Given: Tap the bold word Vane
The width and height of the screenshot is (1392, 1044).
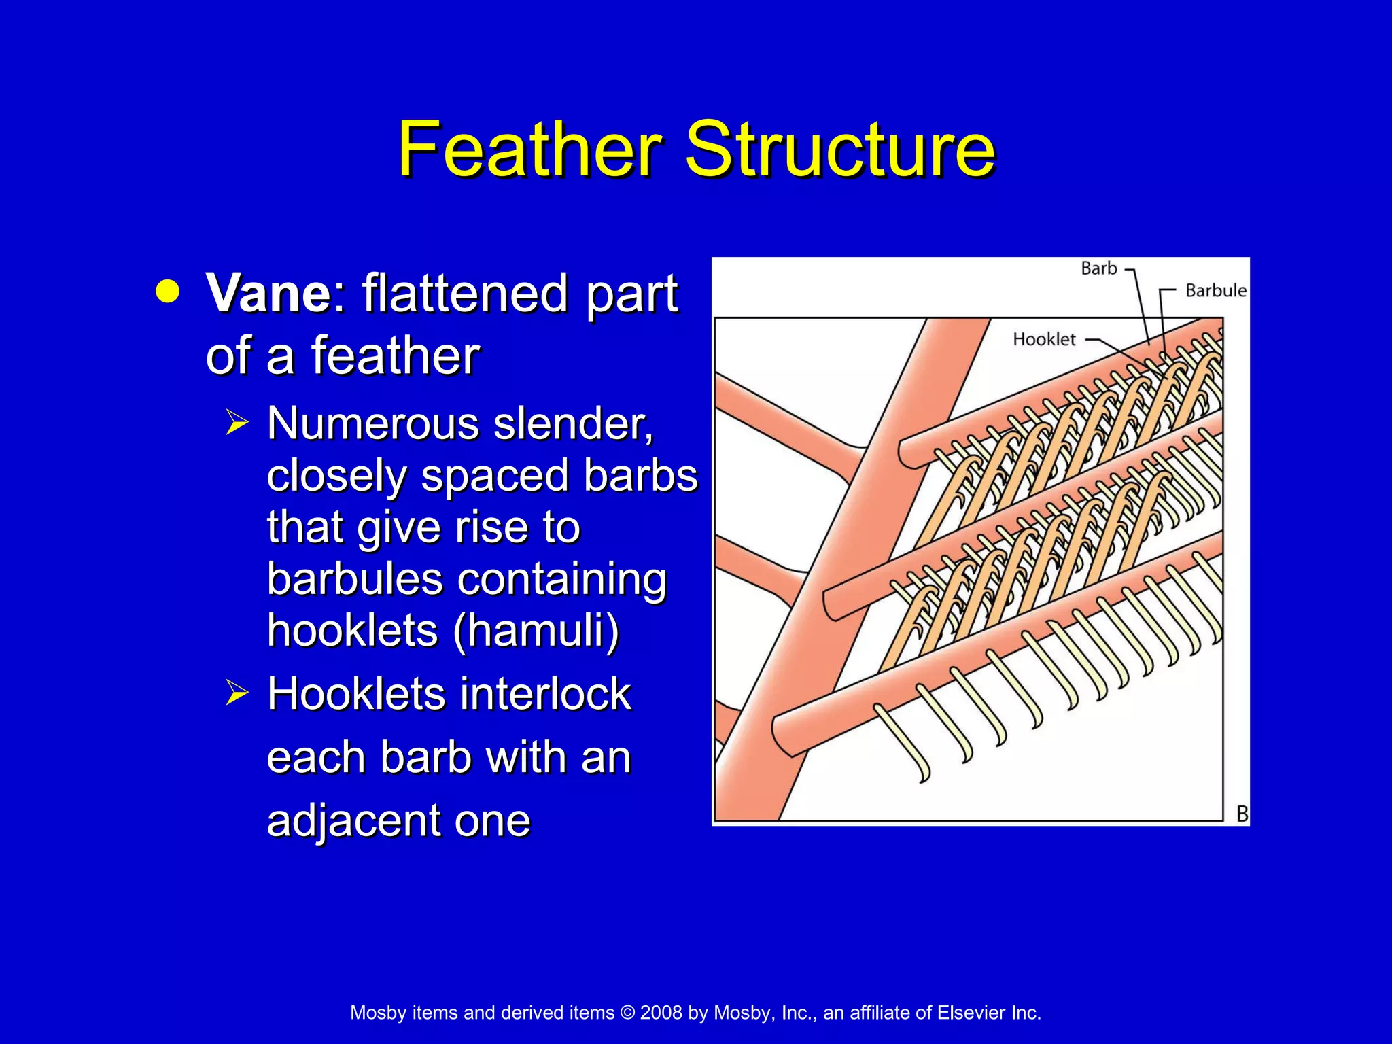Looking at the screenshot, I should pos(268,294).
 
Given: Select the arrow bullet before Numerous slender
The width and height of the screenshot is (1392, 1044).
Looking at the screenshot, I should pos(237,423).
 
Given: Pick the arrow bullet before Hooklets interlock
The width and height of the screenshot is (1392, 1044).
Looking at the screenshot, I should pos(237,693).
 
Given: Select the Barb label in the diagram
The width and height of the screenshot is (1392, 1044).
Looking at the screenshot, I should pos(1098,268).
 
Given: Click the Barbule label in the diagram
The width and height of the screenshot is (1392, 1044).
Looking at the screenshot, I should pos(1215,291).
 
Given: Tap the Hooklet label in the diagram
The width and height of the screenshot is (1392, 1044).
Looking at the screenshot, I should pos(1044,339).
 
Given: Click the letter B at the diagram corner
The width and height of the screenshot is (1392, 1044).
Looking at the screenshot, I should pos(1242,814).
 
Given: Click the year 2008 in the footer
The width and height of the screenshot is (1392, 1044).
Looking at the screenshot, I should pos(661,1013).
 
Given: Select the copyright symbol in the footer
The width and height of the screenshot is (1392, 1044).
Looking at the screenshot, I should pos(627,1013).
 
